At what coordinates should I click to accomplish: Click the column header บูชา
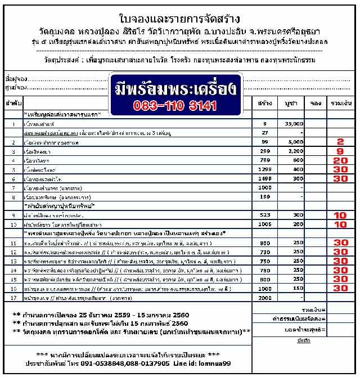(290, 104)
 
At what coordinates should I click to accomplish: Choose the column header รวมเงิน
(340, 104)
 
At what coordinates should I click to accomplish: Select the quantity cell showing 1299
(264, 169)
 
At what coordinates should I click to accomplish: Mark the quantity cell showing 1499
(264, 178)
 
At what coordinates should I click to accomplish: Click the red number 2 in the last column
(340, 142)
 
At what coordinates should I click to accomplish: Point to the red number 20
(340, 160)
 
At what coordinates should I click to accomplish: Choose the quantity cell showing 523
(264, 215)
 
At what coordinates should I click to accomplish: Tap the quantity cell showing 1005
(264, 224)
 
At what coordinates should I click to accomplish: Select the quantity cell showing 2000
(264, 297)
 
